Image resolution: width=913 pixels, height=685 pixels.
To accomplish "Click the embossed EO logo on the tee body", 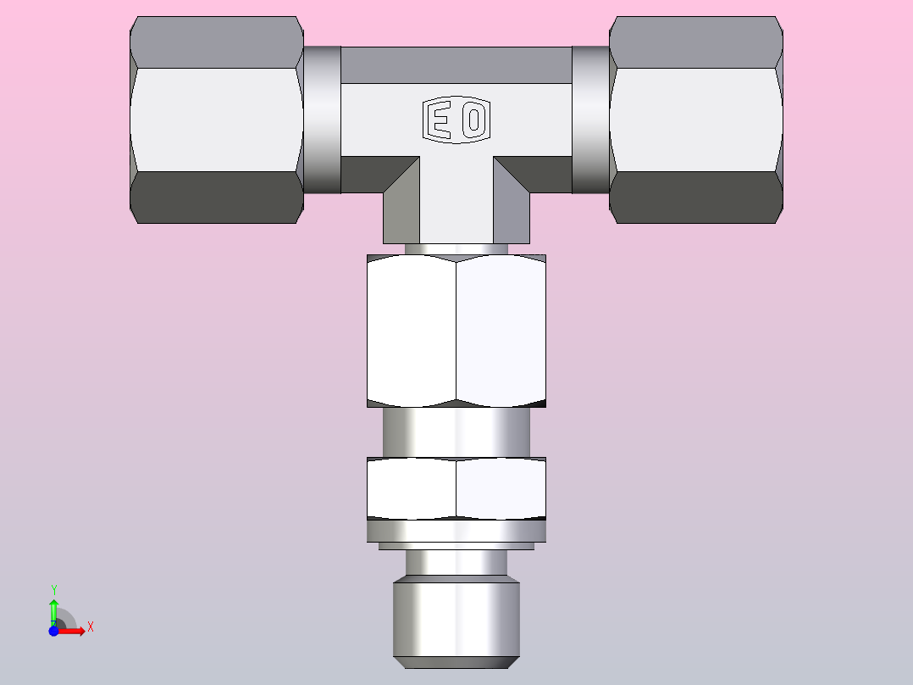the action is pyautogui.click(x=456, y=120).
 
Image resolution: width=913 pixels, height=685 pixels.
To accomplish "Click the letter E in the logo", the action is pyautogui.click(x=440, y=120).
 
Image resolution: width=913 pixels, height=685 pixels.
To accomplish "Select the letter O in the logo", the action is pyautogui.click(x=474, y=120).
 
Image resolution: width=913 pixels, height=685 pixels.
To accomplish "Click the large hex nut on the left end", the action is pyautogui.click(x=217, y=120).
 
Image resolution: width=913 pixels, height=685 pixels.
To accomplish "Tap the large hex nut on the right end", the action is pyautogui.click(x=696, y=120).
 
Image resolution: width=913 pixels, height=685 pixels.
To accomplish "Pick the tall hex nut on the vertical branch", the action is pyautogui.click(x=456, y=331).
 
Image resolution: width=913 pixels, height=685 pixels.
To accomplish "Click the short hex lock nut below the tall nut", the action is pyautogui.click(x=456, y=488).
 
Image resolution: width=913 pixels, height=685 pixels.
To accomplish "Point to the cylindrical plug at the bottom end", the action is pyautogui.click(x=456, y=621).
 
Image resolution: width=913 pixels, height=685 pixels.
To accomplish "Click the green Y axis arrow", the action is pyautogui.click(x=54, y=611).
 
